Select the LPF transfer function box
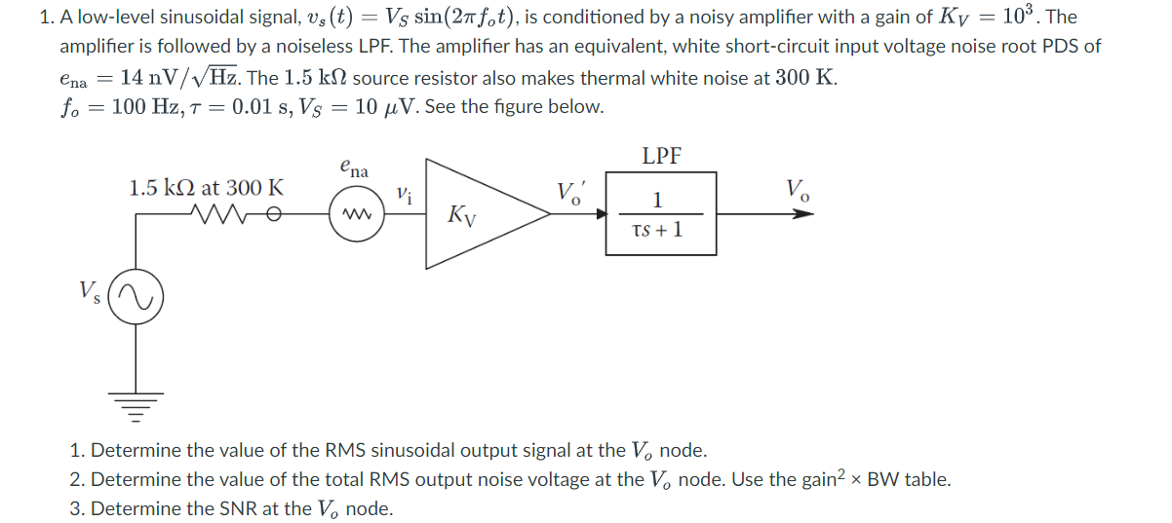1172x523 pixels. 661,213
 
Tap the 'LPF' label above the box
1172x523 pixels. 661,156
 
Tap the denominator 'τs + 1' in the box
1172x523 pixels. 657,231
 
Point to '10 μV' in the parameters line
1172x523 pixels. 384,106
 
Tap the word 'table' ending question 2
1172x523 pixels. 927,479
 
